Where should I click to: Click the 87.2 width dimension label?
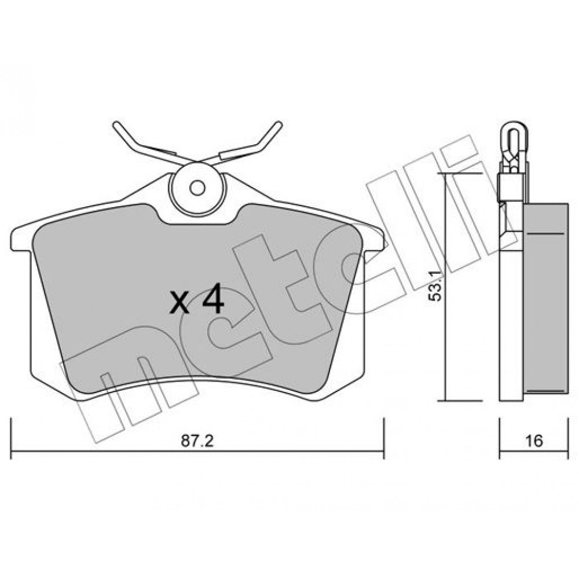197,441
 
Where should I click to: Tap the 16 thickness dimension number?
534,441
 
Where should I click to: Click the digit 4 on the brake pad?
213,299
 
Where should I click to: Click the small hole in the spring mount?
197,188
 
